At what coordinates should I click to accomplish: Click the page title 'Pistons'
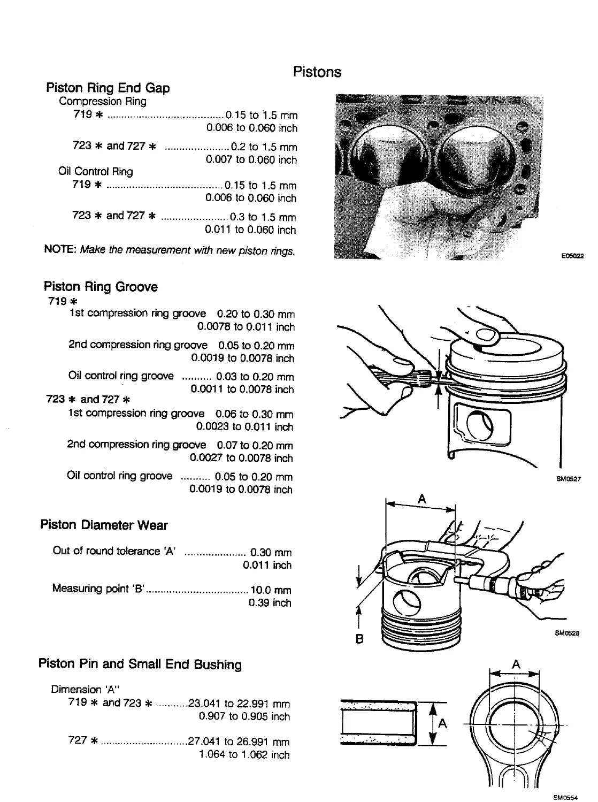(317, 72)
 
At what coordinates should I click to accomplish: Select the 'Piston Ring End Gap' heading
(108, 88)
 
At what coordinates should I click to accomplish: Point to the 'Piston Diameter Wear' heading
(104, 525)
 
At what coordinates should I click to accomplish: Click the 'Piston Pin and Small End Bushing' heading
(140, 664)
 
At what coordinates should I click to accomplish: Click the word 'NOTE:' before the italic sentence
(60, 250)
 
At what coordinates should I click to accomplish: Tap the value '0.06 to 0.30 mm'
(254, 414)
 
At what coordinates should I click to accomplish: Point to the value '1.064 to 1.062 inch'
(244, 755)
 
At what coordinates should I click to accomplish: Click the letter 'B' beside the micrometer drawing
(360, 638)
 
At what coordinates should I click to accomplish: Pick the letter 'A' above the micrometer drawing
(421, 499)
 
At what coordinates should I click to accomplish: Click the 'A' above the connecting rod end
(516, 664)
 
